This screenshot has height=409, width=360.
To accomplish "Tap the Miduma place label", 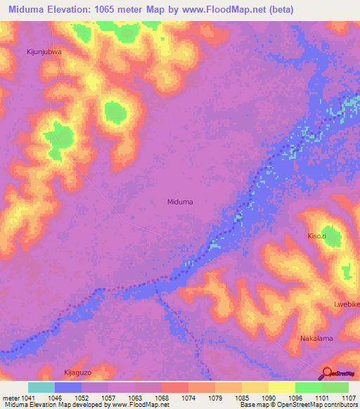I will [x=180, y=202].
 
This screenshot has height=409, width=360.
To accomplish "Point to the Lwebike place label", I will [x=346, y=304].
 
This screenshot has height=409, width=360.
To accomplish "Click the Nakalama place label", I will [x=316, y=338].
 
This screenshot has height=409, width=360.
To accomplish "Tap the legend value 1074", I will [x=188, y=397].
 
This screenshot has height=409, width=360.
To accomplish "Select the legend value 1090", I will [x=268, y=397].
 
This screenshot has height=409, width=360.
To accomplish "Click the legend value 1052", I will [x=81, y=397].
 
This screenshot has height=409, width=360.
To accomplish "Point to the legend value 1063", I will [x=134, y=397].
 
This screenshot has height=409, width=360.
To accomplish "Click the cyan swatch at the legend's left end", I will [x=41, y=387].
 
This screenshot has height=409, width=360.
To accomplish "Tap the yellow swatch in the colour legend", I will [x=281, y=387].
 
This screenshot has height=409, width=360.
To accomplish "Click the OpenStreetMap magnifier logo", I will [x=327, y=373].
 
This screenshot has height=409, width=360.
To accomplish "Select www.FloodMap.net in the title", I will [x=218, y=10].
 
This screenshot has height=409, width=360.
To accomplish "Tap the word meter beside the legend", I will [x=9, y=397].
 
